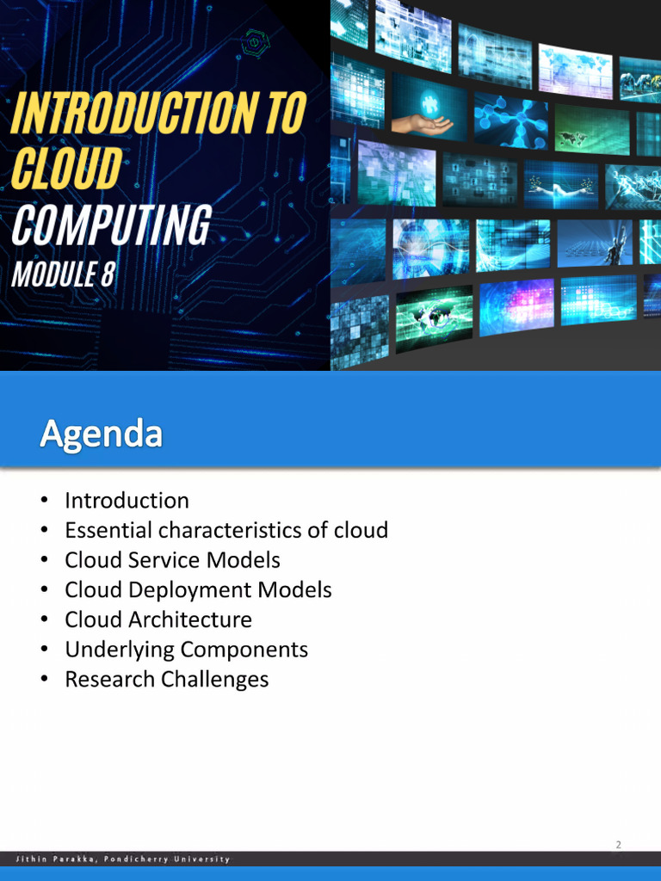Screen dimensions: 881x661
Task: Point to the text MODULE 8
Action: pos(63,274)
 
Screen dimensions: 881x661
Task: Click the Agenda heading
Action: pos(101,433)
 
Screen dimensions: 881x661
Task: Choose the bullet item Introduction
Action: pos(127,501)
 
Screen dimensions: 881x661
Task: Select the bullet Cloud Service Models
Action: pos(172,560)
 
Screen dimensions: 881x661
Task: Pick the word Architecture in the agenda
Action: pos(189,619)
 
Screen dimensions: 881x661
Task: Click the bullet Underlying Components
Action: pos(186,650)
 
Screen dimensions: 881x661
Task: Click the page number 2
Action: pos(618,845)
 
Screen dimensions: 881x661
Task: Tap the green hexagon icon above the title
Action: pos(256,40)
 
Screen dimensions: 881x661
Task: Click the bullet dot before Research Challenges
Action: pos(43,681)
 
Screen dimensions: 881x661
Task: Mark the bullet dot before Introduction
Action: pos(43,502)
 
